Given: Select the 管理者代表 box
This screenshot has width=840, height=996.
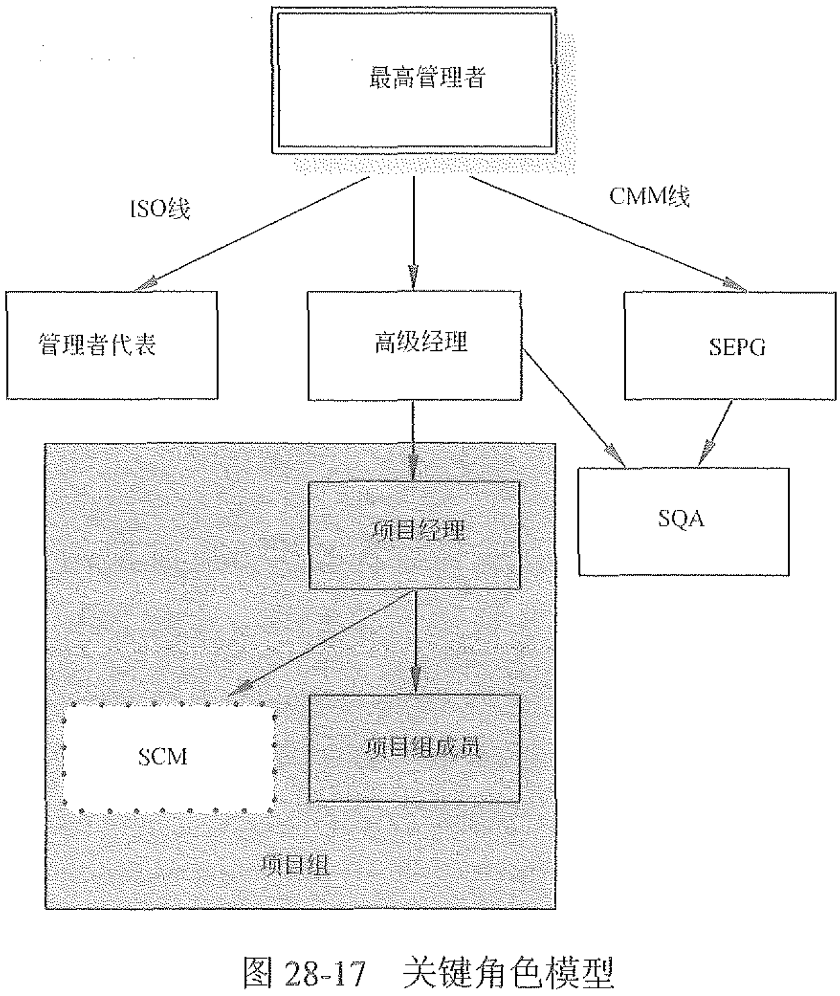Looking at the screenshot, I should coord(112,345).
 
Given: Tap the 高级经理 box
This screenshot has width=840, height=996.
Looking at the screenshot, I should coord(415,345).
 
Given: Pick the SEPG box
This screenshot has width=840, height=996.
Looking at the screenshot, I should coord(730,345).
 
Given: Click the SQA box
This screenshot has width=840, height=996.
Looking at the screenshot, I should coord(683,521).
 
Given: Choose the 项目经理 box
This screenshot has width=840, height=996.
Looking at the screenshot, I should coord(414,535).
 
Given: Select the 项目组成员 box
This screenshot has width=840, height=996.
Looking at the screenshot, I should coord(415,747).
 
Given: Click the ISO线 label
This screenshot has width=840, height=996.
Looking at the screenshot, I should coord(158,209).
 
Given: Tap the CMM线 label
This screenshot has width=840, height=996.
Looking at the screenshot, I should coord(649,196).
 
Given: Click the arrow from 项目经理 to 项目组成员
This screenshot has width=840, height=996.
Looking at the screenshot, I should coord(415,642).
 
